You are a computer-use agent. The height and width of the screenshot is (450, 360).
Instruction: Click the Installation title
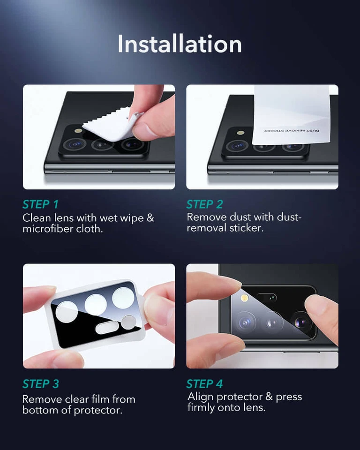(x=180, y=44)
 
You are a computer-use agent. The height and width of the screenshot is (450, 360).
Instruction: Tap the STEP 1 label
(x=40, y=204)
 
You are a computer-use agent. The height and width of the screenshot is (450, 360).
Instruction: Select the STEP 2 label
(x=204, y=204)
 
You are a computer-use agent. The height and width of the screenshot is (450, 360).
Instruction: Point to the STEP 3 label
(x=41, y=384)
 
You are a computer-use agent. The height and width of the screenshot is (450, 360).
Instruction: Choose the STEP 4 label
(x=204, y=384)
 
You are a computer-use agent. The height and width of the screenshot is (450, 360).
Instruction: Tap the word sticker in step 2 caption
(x=248, y=228)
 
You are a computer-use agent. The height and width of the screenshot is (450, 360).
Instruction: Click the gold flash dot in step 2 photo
(x=241, y=133)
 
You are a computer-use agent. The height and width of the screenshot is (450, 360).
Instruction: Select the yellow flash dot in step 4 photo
(x=244, y=298)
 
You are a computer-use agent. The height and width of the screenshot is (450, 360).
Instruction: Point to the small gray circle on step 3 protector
(x=128, y=322)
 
